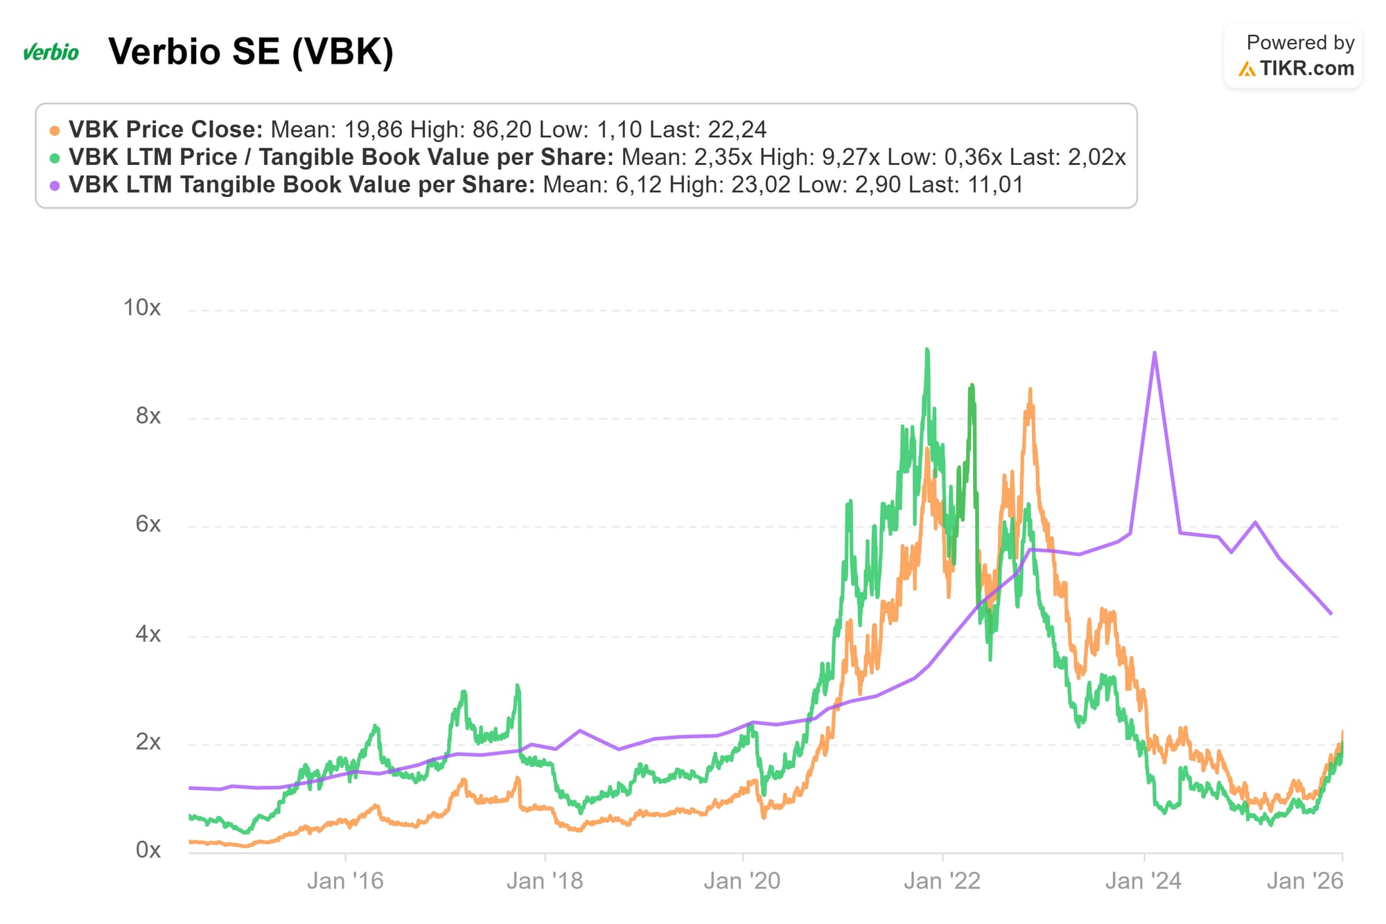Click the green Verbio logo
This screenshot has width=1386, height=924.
click(x=51, y=52)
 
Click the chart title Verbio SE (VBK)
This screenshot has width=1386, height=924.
click(x=251, y=52)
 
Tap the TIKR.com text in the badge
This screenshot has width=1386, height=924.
click(x=1306, y=69)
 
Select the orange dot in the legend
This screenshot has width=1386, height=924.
click(x=55, y=130)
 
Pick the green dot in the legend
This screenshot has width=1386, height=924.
click(x=55, y=158)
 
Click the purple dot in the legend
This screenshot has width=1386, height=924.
click(x=55, y=186)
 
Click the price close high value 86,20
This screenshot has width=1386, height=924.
click(x=502, y=130)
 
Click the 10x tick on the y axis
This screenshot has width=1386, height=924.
click(x=142, y=308)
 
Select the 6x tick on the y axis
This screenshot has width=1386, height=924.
click(x=148, y=524)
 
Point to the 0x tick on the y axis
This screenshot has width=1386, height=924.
click(x=148, y=850)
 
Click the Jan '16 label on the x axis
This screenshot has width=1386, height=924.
click(x=345, y=881)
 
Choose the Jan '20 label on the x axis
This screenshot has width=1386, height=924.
click(x=742, y=881)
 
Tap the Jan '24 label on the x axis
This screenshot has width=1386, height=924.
click(x=1143, y=881)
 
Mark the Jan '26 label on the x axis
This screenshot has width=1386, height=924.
click(x=1305, y=881)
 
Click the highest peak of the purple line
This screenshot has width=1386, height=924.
click(x=1155, y=353)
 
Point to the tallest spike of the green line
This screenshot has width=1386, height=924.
click(x=927, y=349)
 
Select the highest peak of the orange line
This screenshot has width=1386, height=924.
click(x=1030, y=390)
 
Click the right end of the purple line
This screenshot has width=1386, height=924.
click(x=1331, y=613)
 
